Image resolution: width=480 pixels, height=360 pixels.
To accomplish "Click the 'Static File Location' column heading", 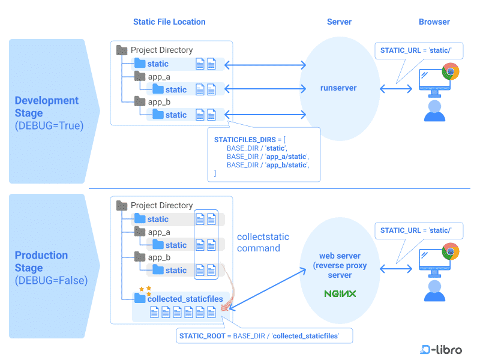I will pos(169,22).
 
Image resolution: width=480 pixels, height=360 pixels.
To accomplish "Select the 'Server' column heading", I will pos(339,22).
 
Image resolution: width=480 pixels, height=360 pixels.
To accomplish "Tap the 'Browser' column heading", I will pos(434,22).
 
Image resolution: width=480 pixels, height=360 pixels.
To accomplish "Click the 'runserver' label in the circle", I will pos(338,88).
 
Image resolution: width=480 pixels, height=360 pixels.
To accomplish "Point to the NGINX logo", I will pos(340,294).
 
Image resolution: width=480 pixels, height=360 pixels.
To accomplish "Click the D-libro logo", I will pos(441,349).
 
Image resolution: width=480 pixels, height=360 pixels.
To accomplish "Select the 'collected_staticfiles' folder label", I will pos(185,299).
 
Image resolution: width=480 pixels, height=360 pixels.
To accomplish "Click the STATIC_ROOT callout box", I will pos(265,336).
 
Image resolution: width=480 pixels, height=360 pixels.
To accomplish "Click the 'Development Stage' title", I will pos(46,107).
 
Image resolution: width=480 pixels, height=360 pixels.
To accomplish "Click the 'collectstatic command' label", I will pos(259,242).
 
